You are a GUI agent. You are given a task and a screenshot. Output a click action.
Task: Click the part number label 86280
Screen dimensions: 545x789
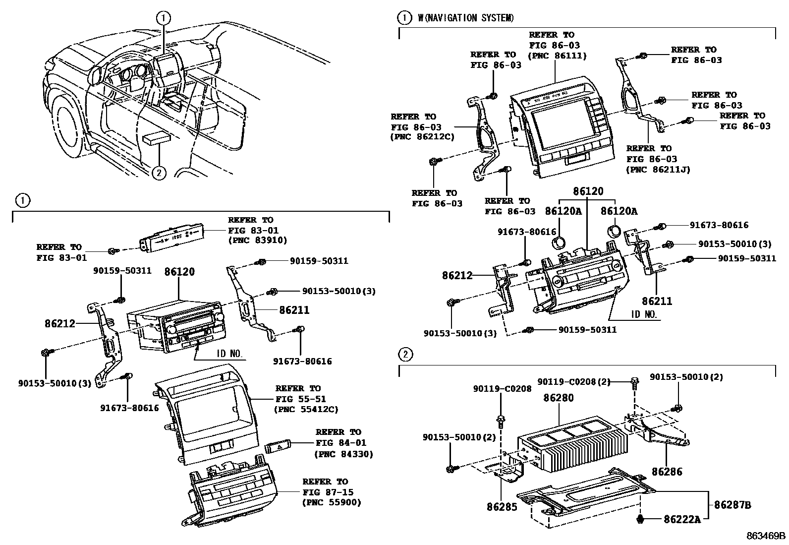(x=559, y=398)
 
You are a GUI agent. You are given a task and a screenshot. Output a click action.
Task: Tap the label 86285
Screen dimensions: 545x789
(x=502, y=507)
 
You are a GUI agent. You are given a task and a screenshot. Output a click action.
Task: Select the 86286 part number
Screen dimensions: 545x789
(x=667, y=472)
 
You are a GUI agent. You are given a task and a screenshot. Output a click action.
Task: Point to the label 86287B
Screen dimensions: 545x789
(x=733, y=505)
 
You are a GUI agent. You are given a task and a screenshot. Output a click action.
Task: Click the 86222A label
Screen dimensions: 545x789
(x=682, y=519)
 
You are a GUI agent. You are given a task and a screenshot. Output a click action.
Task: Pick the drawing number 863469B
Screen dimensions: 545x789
(x=767, y=536)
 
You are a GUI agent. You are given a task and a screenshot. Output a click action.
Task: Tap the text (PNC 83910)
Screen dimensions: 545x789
(x=258, y=241)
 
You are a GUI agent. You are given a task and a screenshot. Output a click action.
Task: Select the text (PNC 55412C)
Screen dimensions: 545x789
(x=306, y=409)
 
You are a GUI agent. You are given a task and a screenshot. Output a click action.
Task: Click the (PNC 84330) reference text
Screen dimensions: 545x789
(x=344, y=454)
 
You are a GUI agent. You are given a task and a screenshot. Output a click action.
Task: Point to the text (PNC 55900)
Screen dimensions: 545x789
(x=332, y=502)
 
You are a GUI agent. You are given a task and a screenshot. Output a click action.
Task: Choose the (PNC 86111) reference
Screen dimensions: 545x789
(x=558, y=56)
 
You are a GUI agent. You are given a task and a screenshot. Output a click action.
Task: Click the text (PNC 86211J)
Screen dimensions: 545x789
(x=658, y=170)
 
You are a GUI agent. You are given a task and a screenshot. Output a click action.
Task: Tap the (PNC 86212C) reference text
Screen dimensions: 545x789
(x=422, y=137)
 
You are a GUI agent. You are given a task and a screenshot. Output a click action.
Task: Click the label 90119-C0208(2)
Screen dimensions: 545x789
(x=574, y=381)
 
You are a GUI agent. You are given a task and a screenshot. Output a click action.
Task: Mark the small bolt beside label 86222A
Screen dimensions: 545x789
(x=641, y=519)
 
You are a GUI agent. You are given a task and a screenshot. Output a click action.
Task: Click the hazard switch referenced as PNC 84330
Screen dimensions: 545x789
(x=279, y=447)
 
